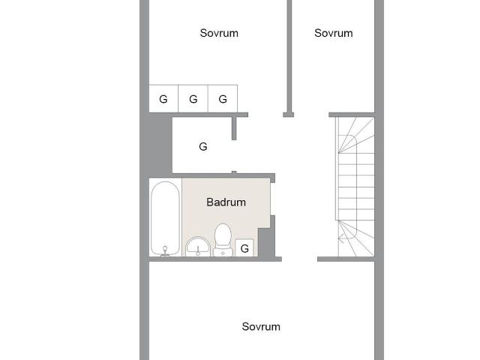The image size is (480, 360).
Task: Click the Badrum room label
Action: coord(226,202)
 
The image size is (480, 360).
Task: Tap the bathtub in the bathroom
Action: coord(165,217)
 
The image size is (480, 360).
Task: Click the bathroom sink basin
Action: coord(198,245)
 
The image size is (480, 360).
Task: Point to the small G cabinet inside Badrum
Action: coord(244,248)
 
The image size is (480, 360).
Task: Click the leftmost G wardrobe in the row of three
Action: coord(163,99)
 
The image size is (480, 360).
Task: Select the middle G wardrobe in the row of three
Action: coord(193,99)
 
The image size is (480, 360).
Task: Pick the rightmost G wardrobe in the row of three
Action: coord(223,99)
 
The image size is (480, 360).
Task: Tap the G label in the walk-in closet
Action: coord(202,147)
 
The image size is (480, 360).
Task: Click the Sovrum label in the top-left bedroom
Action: coord(219,33)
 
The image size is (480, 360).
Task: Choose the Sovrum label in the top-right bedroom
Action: coord(333,33)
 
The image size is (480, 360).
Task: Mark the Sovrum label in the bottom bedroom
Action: coord(261,326)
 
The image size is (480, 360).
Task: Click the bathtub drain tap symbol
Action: coord(165,250)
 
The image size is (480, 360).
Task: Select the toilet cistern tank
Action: coord(223,252)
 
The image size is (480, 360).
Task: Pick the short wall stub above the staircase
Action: coord(351,114)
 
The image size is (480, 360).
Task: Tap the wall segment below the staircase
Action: coord(345,259)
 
